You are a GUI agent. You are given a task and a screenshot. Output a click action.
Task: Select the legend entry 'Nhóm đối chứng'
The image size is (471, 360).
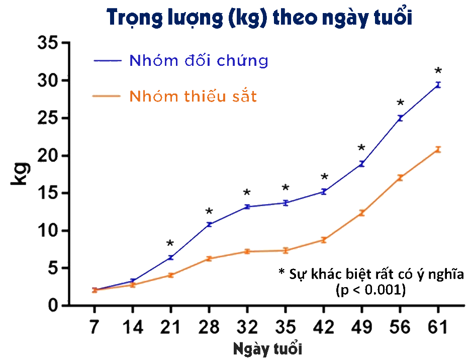199,60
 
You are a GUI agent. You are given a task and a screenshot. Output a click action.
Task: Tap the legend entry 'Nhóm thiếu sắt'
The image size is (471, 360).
193,96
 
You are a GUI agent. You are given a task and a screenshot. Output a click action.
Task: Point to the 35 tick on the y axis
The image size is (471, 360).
48,43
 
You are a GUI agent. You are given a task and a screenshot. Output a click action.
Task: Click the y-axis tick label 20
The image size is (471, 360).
48,156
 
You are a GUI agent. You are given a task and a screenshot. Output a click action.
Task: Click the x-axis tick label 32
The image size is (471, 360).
247,328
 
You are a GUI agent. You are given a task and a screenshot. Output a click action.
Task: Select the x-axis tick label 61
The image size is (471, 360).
438,328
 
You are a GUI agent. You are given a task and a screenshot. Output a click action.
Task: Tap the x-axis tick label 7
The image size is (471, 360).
94,328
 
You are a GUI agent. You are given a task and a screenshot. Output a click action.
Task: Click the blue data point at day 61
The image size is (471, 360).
438,85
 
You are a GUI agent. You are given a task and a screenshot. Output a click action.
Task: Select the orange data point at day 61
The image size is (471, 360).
438,149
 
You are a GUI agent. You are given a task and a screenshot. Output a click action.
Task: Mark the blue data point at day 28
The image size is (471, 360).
209,224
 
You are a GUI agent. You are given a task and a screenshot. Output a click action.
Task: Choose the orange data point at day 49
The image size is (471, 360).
361,213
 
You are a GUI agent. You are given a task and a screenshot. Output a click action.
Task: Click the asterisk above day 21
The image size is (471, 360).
170,244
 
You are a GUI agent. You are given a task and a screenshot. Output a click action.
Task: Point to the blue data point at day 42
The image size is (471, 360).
324,192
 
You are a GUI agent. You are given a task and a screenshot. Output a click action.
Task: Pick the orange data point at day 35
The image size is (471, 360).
285,250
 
